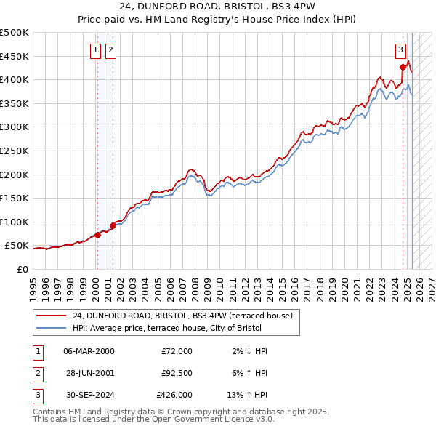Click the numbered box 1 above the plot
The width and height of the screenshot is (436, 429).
[x=96, y=50]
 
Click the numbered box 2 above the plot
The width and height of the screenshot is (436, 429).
[x=110, y=50]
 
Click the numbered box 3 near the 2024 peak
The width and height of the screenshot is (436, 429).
[x=400, y=50]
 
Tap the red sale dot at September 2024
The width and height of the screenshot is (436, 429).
[x=403, y=68]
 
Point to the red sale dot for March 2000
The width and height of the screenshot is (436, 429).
[x=97, y=235]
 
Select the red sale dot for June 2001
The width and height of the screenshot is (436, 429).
[x=113, y=225]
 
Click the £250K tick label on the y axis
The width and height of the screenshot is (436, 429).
[x=15, y=151]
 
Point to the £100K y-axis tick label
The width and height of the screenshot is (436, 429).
[x=15, y=222]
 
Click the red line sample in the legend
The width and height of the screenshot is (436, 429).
[x=52, y=316]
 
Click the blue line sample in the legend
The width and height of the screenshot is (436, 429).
[x=52, y=328]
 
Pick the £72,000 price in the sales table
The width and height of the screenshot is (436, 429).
[x=177, y=351]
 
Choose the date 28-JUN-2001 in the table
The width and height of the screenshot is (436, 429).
[x=89, y=374]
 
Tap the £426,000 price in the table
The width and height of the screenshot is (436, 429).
[x=174, y=396]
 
